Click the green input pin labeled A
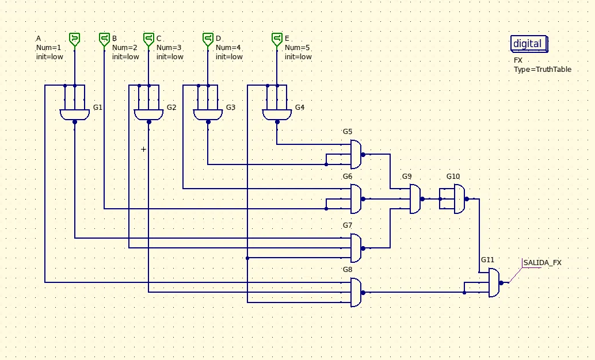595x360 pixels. pyautogui.click(x=75, y=40)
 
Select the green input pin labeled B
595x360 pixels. pyautogui.click(x=104, y=40)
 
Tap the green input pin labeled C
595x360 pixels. pyautogui.click(x=148, y=40)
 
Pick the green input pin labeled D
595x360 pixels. pyautogui.click(x=208, y=40)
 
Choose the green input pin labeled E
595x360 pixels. pyautogui.click(x=277, y=40)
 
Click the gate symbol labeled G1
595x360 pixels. pyautogui.click(x=75, y=114)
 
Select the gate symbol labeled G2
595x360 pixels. pyautogui.click(x=148, y=114)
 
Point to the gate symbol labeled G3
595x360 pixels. pyautogui.click(x=208, y=114)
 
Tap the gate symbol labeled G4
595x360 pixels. pyautogui.click(x=277, y=114)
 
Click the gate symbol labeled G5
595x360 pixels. pyautogui.click(x=357, y=154)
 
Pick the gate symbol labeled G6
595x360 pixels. pyautogui.click(x=357, y=199)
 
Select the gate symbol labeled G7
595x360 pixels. pyautogui.click(x=357, y=248)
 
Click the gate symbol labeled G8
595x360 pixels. pyautogui.click(x=357, y=293)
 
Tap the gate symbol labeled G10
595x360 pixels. pyautogui.click(x=460, y=199)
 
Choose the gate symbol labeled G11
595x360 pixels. pyautogui.click(x=495, y=282)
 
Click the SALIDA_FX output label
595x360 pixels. pyautogui.click(x=542, y=262)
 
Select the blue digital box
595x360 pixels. pyautogui.click(x=529, y=44)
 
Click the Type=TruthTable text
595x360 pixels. pyautogui.click(x=542, y=70)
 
